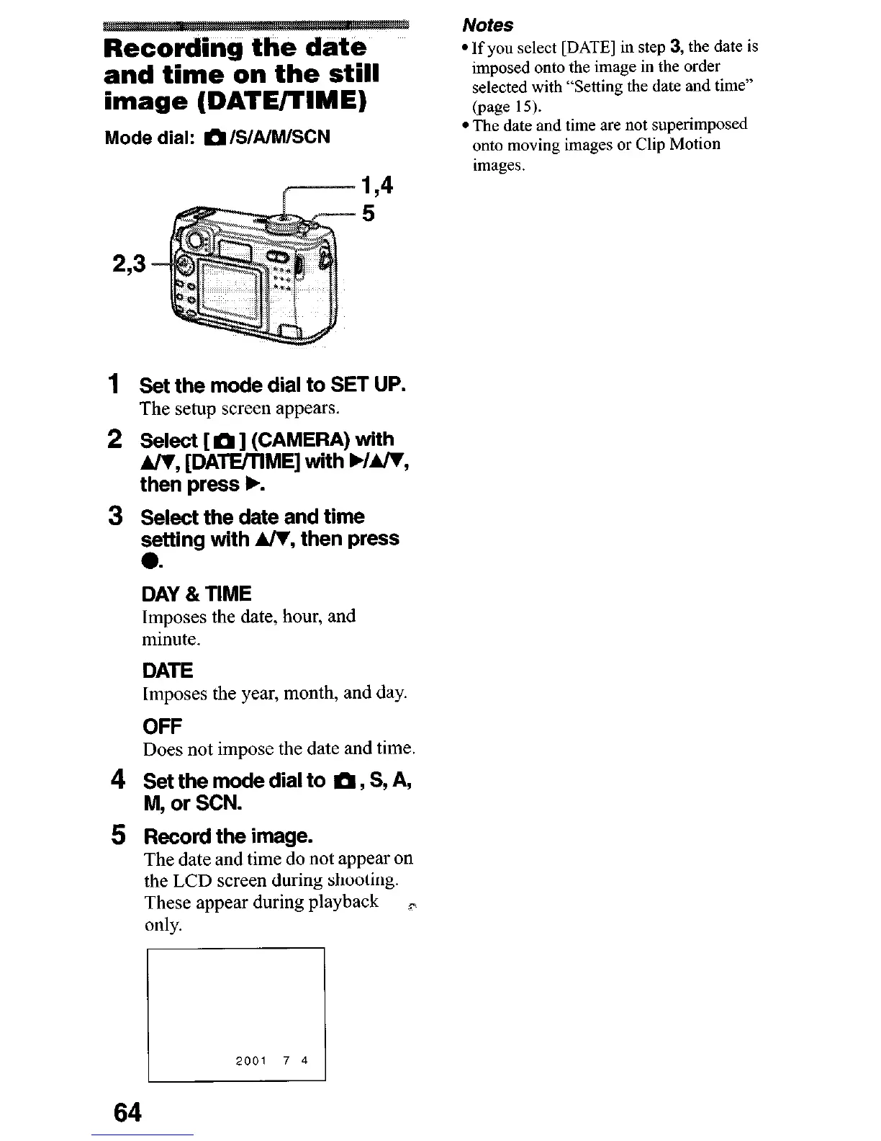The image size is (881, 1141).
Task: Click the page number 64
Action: point(128,1111)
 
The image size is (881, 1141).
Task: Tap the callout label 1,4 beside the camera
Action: point(377,186)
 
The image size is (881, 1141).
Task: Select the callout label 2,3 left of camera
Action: point(129,264)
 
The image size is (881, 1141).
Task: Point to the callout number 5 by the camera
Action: point(368,214)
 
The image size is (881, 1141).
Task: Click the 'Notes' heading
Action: point(487,25)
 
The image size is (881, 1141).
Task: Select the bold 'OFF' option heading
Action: point(162,725)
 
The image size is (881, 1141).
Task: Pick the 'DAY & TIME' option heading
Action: point(196,594)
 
